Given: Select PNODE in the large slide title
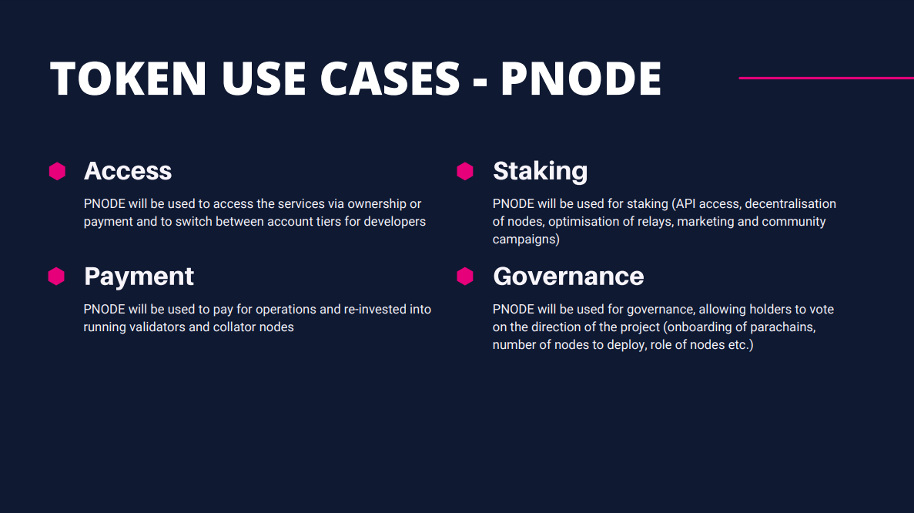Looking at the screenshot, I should pos(581,78).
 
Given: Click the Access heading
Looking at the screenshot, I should pos(128,170).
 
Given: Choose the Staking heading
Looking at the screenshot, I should pos(540,170).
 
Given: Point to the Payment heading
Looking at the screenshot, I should pos(139,276).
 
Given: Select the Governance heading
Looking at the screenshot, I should pos(568,276).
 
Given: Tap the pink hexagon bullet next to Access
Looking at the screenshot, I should pos(57,171).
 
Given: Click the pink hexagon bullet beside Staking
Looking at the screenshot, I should pos(465,171).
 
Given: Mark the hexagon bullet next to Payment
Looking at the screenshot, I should pos(57,276).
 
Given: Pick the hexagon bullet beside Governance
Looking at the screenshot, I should pos(465,276).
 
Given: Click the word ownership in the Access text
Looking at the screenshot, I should pos(377,204).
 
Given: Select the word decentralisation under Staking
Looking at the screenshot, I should pos(790,204).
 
